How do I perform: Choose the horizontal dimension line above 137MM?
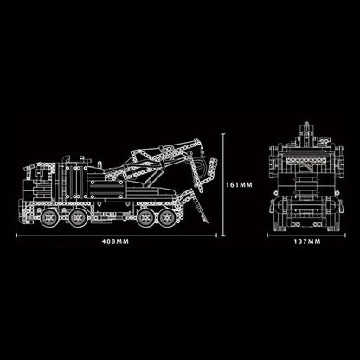point(305,233)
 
